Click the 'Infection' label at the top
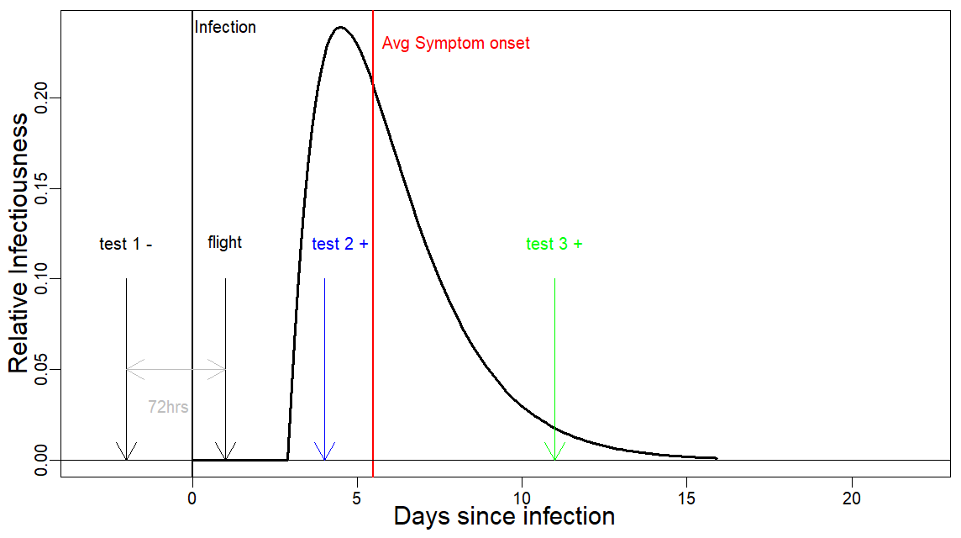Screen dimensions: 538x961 click(x=225, y=27)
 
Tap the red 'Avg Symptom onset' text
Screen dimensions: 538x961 click(x=455, y=43)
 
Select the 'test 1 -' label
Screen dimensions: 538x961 click(x=126, y=244)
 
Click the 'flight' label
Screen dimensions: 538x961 click(x=224, y=243)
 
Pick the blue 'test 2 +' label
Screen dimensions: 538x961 click(x=340, y=244)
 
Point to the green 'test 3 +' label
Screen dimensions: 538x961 click(x=554, y=244)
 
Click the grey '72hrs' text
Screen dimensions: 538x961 click(x=168, y=408)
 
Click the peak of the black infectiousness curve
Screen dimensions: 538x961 click(x=341, y=27)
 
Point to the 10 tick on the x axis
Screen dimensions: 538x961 click(x=523, y=481)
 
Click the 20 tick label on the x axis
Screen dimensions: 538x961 click(x=852, y=495)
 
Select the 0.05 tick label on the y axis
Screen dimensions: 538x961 click(x=41, y=369)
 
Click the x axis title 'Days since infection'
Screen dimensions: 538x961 click(x=504, y=516)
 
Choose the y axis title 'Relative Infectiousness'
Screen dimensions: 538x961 click(x=18, y=244)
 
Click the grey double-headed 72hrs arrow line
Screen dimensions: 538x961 click(x=176, y=369)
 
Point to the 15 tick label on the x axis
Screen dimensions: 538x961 click(x=687, y=495)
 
